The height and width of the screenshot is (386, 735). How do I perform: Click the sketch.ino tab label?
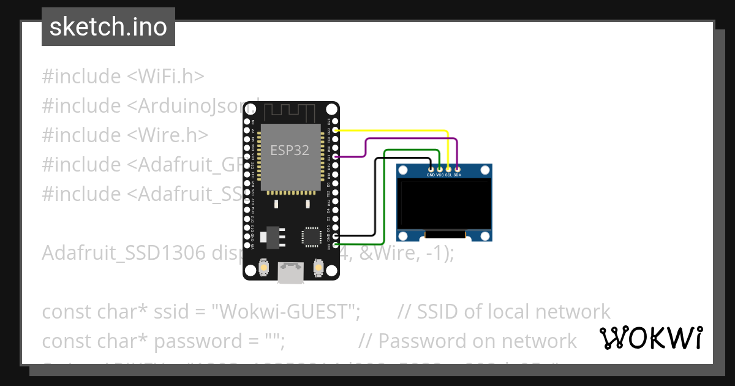coord(108,27)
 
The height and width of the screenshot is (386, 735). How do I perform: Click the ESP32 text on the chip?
coord(290,149)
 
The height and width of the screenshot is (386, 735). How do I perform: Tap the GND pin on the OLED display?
coord(431,168)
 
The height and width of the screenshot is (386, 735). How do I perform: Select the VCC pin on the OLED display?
coord(440,168)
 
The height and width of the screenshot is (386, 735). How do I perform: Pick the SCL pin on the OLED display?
coord(448,168)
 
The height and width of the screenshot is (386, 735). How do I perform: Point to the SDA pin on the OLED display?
coord(458,168)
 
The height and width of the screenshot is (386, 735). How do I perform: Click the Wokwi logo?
coord(650,338)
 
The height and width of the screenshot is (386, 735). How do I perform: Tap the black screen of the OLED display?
coord(444,202)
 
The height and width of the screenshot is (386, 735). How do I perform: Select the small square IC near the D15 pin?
coord(311,236)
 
